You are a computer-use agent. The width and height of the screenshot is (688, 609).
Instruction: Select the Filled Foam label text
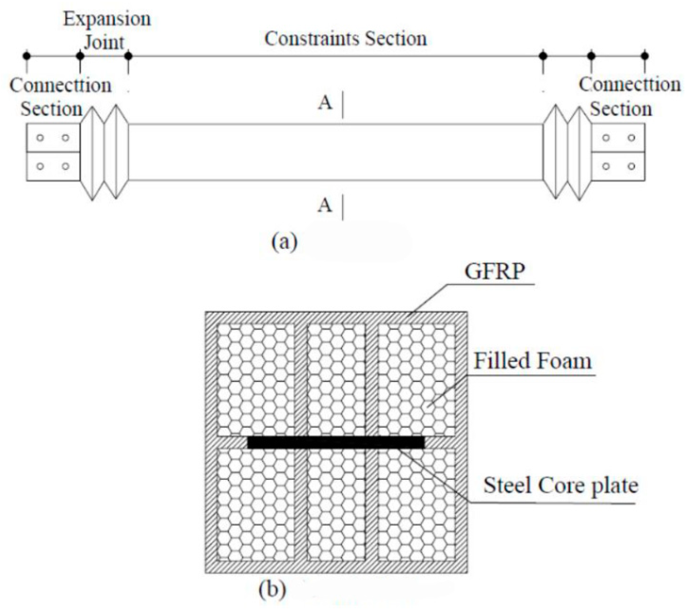click(x=532, y=361)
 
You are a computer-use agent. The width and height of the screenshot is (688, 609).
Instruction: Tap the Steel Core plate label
click(x=560, y=485)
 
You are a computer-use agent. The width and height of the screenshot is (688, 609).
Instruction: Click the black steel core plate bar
click(x=336, y=442)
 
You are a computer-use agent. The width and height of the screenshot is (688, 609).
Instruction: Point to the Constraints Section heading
click(x=345, y=39)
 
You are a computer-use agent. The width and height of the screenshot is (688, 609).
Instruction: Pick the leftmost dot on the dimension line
click(x=27, y=56)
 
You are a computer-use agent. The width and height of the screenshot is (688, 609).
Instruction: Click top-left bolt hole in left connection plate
click(x=40, y=138)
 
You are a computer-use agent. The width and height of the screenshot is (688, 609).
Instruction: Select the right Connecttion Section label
click(x=626, y=97)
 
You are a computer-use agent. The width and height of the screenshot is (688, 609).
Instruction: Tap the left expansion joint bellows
click(x=104, y=152)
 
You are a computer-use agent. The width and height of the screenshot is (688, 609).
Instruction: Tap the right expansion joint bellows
click(x=567, y=152)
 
